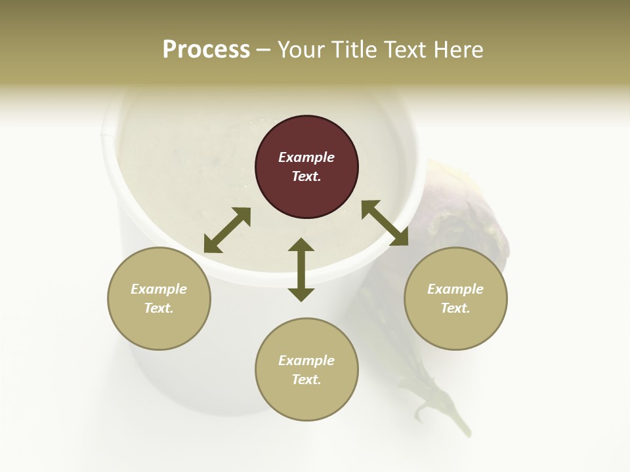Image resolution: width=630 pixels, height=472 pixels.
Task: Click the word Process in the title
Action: (206, 50)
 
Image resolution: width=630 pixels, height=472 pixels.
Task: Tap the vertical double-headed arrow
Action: (301, 269)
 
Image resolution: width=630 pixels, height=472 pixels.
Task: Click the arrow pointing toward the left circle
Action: (227, 230)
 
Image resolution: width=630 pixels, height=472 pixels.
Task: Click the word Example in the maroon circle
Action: (306, 157)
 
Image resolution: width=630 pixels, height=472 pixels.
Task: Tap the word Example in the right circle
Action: (455, 289)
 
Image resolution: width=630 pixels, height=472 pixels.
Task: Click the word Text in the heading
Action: (406, 50)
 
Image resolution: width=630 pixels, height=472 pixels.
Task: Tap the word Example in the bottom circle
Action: (306, 361)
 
